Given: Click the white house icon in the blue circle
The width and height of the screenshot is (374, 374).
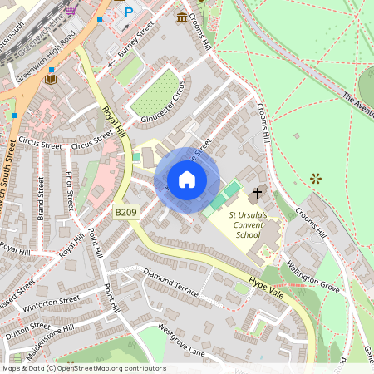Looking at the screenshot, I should [187, 180].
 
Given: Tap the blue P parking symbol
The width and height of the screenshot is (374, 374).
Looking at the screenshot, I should [129, 12].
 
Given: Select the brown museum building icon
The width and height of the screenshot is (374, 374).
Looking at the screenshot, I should [182, 17].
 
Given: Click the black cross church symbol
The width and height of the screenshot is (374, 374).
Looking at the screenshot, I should [257, 193].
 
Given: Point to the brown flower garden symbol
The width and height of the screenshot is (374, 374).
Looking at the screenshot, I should [316, 178].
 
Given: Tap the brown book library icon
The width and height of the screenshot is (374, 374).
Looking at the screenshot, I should [50, 79].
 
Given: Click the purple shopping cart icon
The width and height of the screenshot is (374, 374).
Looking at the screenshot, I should [71, 10].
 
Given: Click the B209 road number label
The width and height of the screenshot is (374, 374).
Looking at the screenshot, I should [125, 213].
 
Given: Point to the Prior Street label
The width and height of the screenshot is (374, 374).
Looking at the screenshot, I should [71, 190].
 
